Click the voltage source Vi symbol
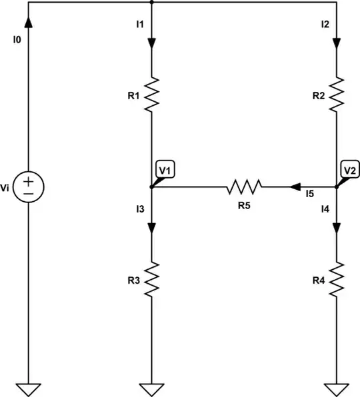pyautogui.click(x=29, y=187)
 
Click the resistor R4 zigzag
pyautogui.click(x=337, y=279)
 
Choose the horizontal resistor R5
pyautogui.click(x=245, y=187)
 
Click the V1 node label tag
pyautogui.click(x=164, y=171)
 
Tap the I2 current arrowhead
pyautogui.click(x=337, y=43)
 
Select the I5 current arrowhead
pyautogui.click(x=294, y=187)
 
